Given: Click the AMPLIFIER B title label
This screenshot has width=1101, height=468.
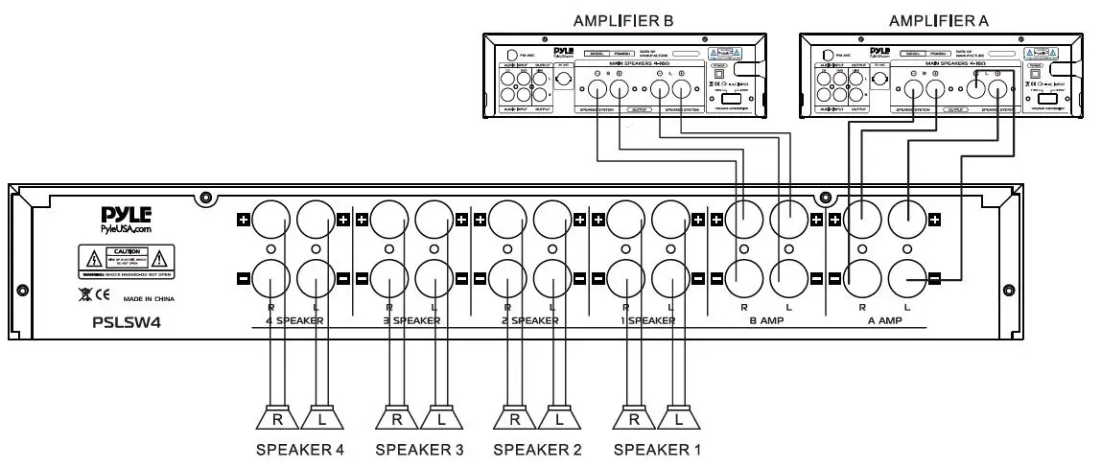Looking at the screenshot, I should (x=624, y=20).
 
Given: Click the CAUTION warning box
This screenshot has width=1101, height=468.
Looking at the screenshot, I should (x=127, y=258).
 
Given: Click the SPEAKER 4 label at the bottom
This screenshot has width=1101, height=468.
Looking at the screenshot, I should (x=299, y=448).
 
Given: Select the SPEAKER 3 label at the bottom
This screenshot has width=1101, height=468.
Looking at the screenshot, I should (x=419, y=448).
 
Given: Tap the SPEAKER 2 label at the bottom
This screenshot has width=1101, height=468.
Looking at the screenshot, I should (x=537, y=448).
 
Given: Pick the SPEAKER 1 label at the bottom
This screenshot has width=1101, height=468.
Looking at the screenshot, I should (x=657, y=448).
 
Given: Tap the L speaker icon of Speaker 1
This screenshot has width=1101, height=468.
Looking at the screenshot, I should (x=679, y=418).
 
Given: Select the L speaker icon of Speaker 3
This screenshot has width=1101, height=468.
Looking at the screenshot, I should (x=440, y=418).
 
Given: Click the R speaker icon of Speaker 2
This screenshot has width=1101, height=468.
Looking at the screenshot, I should (x=515, y=418).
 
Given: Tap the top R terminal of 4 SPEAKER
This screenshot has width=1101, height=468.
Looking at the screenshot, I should (x=272, y=220).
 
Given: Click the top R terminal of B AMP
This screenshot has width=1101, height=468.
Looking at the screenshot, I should (x=744, y=220).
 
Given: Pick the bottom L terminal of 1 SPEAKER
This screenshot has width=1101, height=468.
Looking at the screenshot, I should (x=670, y=279).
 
